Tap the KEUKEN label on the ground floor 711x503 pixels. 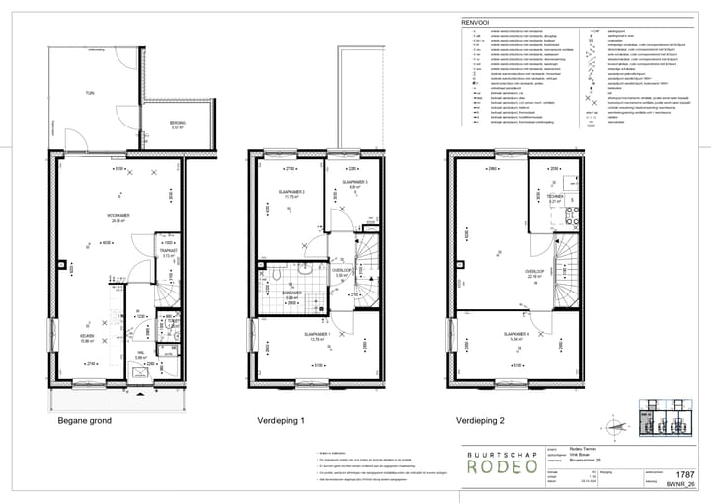point(88,336)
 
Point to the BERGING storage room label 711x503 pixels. point(178,124)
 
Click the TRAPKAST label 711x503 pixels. point(167,252)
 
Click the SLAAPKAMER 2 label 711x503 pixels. point(290,193)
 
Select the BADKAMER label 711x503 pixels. point(292,293)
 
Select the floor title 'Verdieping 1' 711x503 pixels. point(282,420)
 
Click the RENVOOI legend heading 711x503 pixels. point(475,21)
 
